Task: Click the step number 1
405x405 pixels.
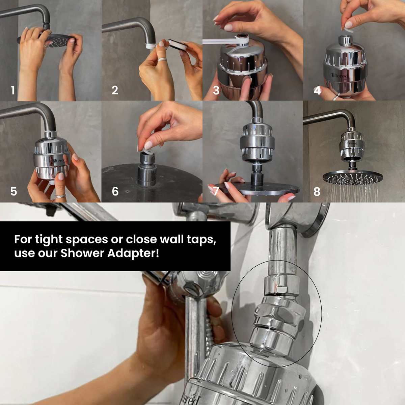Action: pyautogui.click(x=13, y=90)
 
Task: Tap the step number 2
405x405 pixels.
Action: pyautogui.click(x=115, y=90)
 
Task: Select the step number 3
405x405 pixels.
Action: pyautogui.click(x=216, y=90)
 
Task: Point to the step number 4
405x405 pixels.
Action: pyautogui.click(x=317, y=90)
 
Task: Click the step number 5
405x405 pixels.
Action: pyautogui.click(x=13, y=191)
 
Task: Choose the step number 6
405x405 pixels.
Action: pyautogui.click(x=115, y=191)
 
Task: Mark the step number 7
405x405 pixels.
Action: pyautogui.click(x=216, y=191)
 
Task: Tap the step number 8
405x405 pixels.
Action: pyautogui.click(x=317, y=191)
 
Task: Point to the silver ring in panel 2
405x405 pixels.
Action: pyautogui.click(x=162, y=59)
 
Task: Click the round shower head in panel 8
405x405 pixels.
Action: pyautogui.click(x=353, y=177)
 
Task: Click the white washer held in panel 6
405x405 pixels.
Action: pyautogui.click(x=148, y=145)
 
